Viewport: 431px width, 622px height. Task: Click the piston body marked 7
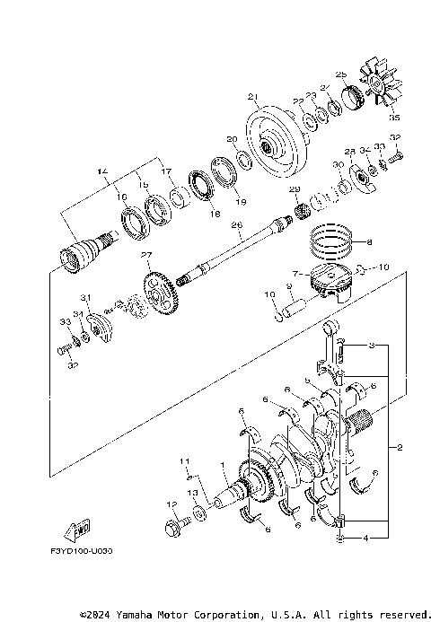pyautogui.click(x=329, y=285)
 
